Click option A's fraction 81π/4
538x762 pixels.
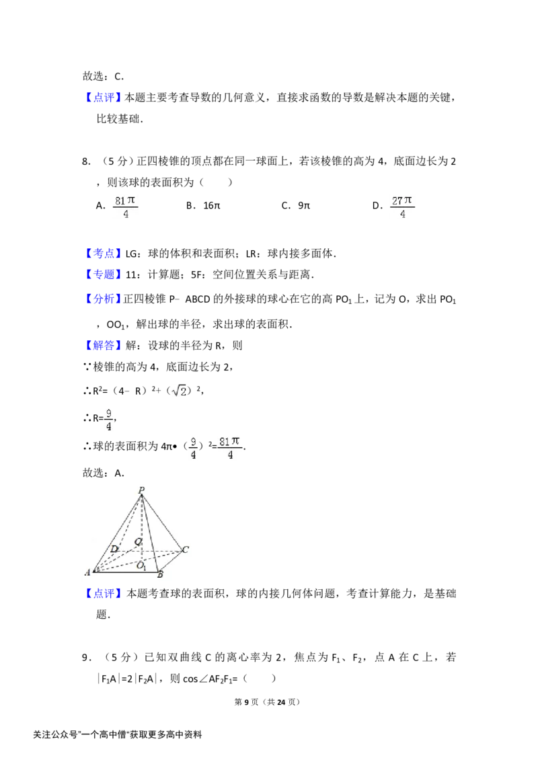coord(125,207)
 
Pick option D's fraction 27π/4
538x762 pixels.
coord(402,207)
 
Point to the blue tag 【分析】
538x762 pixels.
coord(102,299)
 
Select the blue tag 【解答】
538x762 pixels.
coord(102,346)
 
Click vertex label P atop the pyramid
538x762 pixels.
coord(141,490)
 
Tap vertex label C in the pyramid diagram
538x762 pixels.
coord(185,549)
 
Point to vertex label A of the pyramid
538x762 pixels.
coord(87,572)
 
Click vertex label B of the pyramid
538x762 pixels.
coord(160,574)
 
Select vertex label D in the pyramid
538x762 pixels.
coord(114,549)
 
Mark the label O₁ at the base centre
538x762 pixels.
coord(141,565)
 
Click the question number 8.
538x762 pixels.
coord(85,162)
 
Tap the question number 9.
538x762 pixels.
coord(85,658)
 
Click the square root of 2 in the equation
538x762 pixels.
coord(180,391)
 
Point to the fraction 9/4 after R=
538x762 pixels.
coord(108,420)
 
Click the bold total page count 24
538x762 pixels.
coord(281,702)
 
